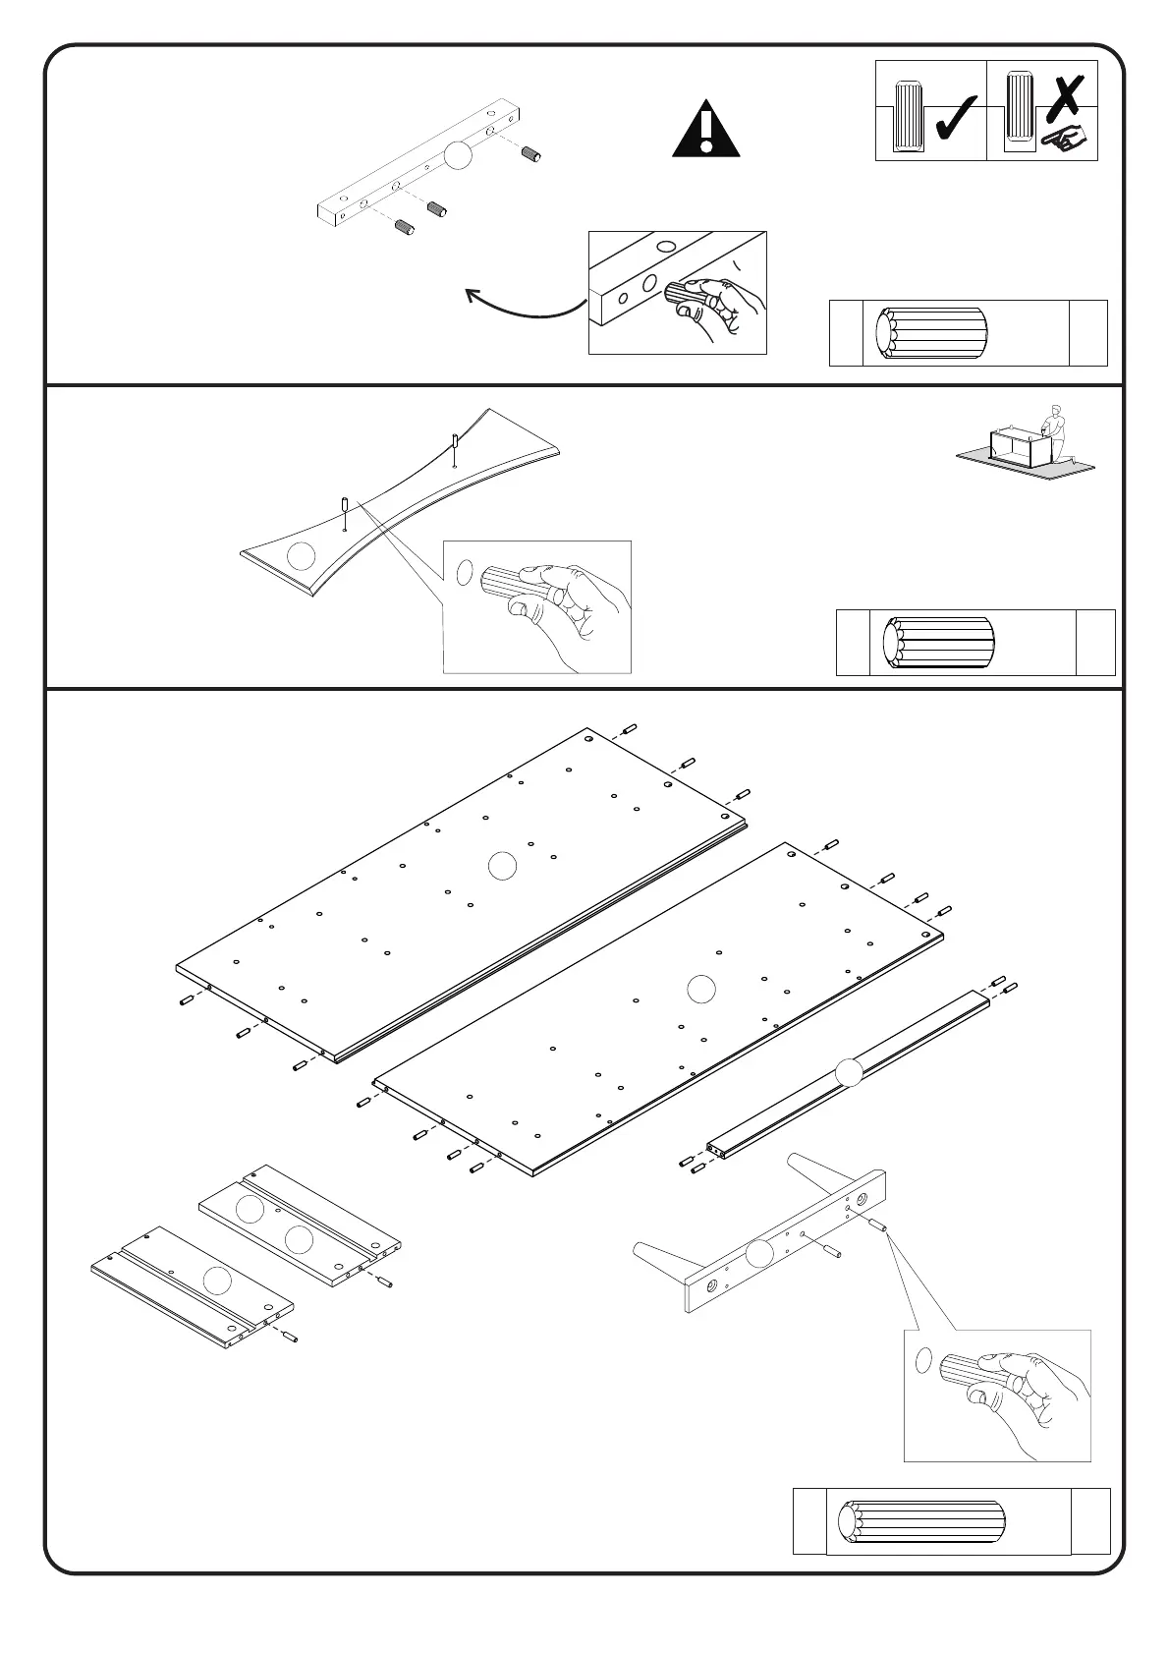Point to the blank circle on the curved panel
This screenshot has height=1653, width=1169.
tap(301, 556)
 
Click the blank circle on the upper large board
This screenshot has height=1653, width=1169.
tap(502, 866)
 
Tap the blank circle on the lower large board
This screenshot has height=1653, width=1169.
tap(700, 988)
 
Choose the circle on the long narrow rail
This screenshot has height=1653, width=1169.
tap(848, 1071)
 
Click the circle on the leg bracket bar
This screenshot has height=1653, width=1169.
tap(758, 1253)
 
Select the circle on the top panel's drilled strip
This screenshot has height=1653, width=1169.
tap(459, 155)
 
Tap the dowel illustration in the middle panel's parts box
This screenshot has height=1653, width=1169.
tap(938, 643)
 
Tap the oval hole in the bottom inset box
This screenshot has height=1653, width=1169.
tap(922, 1361)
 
